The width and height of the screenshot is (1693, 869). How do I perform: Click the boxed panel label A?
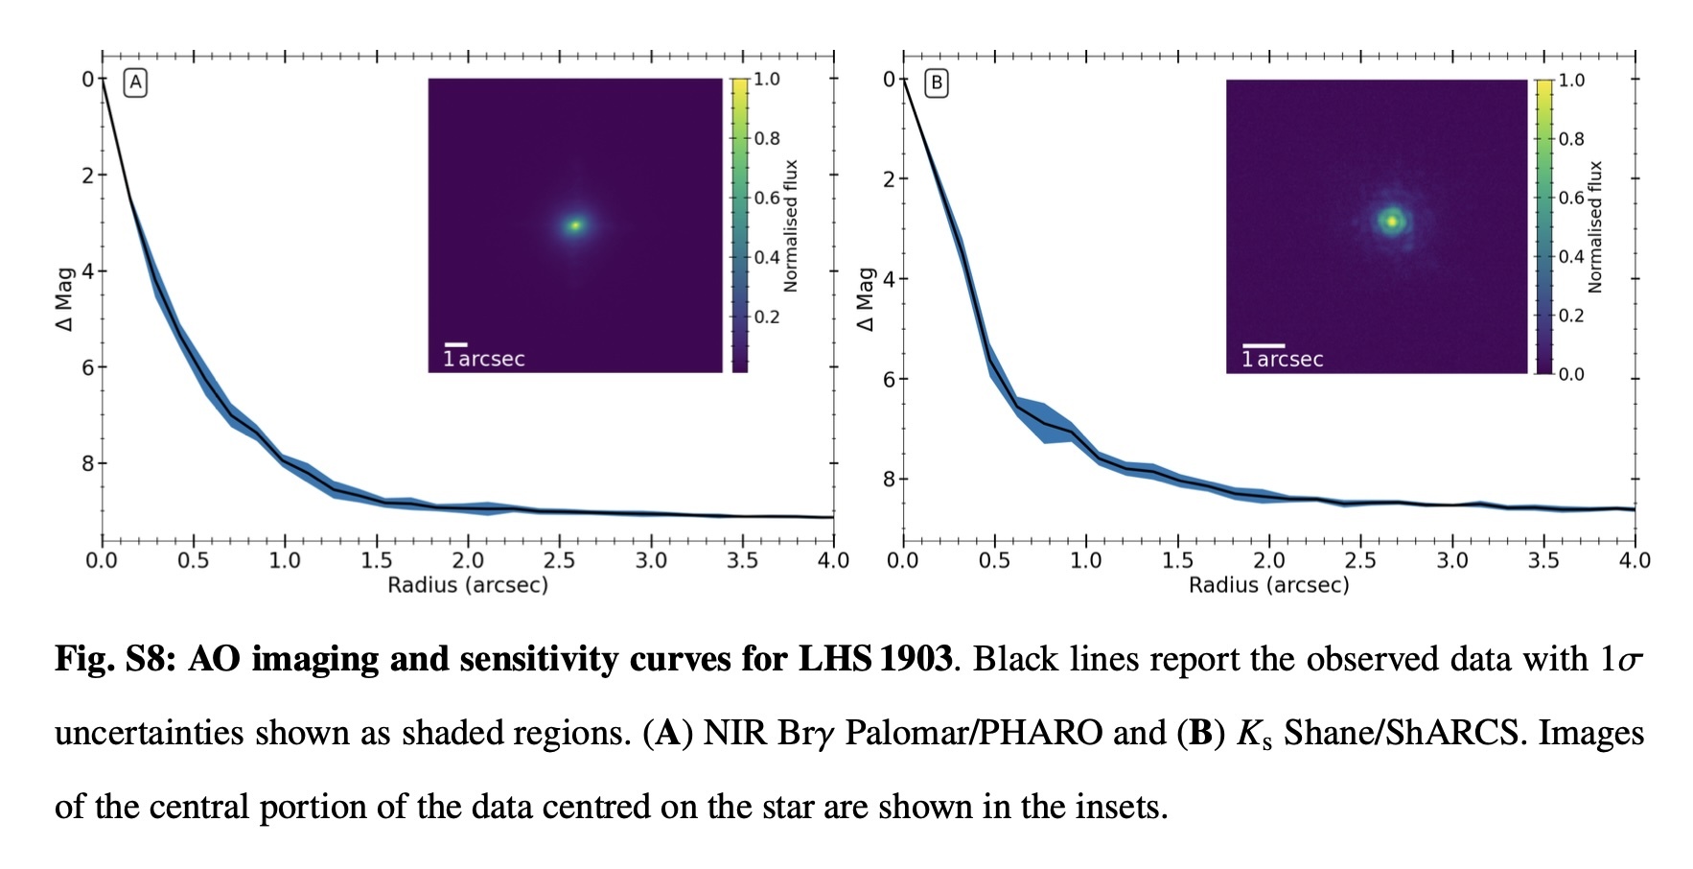[136, 82]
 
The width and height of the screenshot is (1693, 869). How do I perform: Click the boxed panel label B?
[937, 83]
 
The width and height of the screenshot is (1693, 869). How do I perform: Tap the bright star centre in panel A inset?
[575, 225]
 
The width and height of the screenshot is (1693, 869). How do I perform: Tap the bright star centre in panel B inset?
[1392, 221]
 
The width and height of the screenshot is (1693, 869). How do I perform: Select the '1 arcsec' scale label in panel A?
[484, 359]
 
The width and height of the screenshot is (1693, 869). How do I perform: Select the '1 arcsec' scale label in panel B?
[1283, 360]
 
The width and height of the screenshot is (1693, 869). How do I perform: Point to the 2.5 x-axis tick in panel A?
[559, 560]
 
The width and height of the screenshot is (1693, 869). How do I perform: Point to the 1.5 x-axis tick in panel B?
[1177, 560]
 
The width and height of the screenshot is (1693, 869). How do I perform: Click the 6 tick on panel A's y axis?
[88, 367]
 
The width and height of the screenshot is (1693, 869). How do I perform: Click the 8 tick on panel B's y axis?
[889, 479]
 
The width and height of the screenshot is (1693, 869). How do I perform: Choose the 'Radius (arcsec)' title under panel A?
[468, 585]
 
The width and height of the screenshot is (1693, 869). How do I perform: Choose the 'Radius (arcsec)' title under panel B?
[1268, 585]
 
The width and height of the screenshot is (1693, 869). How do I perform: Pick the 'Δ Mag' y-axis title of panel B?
[866, 299]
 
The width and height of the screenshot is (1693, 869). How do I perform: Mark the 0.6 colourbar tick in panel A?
[766, 198]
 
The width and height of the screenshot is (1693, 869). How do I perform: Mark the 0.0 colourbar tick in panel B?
[1571, 374]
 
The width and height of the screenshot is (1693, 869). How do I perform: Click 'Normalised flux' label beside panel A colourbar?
[791, 226]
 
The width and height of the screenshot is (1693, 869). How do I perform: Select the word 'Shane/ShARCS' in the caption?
[1401, 734]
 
